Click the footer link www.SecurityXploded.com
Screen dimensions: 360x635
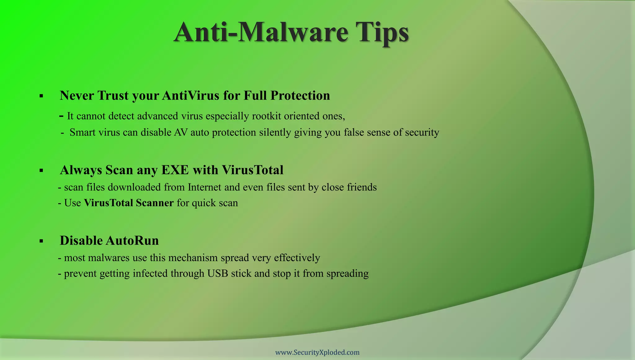coord(317,352)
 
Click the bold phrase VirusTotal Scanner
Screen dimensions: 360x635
coord(129,203)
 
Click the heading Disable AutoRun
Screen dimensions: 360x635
coord(109,241)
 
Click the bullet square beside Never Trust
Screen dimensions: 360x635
coord(41,96)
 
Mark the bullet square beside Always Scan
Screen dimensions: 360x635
coord(41,171)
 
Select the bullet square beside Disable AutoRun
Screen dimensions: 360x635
coord(41,241)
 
